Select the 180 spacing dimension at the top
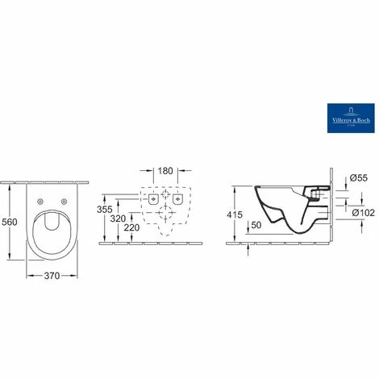click(165, 172)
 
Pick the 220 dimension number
click(132, 228)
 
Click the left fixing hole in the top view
click(40, 201)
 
